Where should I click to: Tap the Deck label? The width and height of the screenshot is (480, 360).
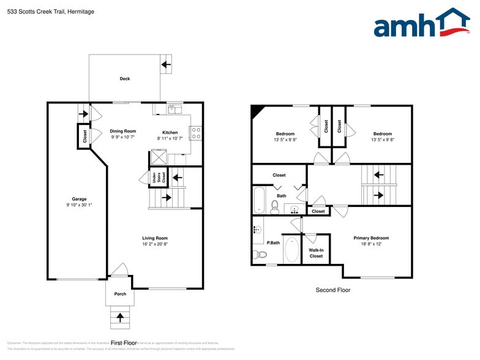point(125,78)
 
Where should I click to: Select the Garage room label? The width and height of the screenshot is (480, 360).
point(79,199)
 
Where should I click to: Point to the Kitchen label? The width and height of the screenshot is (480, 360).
point(170,132)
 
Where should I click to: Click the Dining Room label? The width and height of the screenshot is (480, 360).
point(122,131)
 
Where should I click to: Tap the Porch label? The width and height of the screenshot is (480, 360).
point(120,294)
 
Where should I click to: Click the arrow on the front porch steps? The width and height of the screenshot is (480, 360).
point(120,317)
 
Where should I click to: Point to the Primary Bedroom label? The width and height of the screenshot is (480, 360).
point(371,238)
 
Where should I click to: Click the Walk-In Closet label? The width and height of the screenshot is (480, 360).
point(316,253)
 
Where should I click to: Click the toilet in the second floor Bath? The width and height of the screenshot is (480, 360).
point(275,206)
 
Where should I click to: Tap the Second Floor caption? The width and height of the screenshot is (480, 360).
point(333,290)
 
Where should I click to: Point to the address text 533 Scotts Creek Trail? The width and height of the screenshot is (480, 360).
point(42,10)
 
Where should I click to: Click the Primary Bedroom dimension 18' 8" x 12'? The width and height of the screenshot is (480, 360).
point(371,244)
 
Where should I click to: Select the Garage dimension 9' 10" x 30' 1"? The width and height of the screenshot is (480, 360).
point(79,205)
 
